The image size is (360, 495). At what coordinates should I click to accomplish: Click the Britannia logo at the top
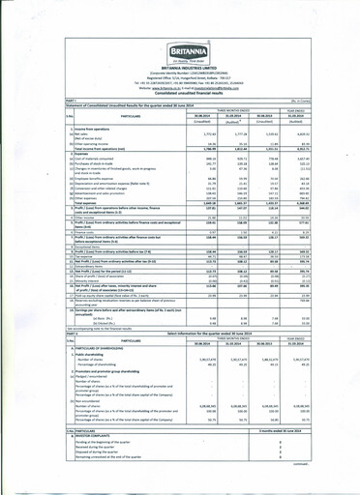coord(180,25)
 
